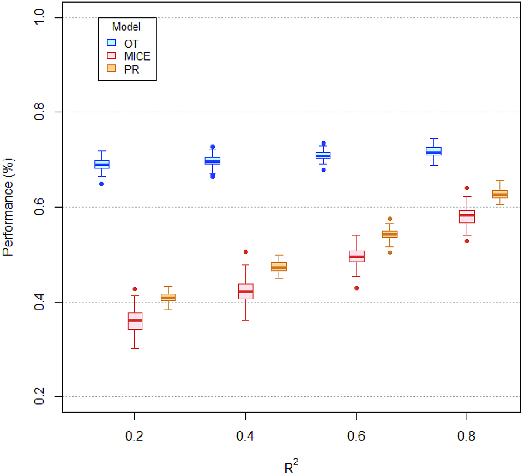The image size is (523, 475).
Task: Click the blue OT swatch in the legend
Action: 111,43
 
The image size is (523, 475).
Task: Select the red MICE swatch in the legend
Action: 111,56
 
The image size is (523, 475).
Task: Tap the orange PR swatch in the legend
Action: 111,68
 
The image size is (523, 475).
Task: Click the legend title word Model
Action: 126,27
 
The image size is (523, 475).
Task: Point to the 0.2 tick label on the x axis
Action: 134,436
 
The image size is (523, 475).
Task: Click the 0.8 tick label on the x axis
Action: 466,436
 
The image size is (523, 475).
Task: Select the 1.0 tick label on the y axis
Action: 39,17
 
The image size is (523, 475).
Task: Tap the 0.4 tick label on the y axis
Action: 39,302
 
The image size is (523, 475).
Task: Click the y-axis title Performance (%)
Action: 8,207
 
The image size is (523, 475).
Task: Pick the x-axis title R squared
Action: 290,467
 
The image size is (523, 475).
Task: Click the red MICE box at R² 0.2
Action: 135,321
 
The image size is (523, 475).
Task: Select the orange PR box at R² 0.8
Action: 500,194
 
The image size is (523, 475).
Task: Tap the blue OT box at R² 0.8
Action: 434,151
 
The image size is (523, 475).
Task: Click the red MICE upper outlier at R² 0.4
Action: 246,252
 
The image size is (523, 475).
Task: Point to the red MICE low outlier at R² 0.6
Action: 357,288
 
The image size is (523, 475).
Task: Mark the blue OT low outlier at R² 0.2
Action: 102,184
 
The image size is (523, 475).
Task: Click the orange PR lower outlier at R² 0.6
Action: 390,253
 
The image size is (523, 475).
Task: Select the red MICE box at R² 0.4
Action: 246,291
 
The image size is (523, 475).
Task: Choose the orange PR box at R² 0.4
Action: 279,267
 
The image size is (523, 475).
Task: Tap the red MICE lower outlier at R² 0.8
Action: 467,241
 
